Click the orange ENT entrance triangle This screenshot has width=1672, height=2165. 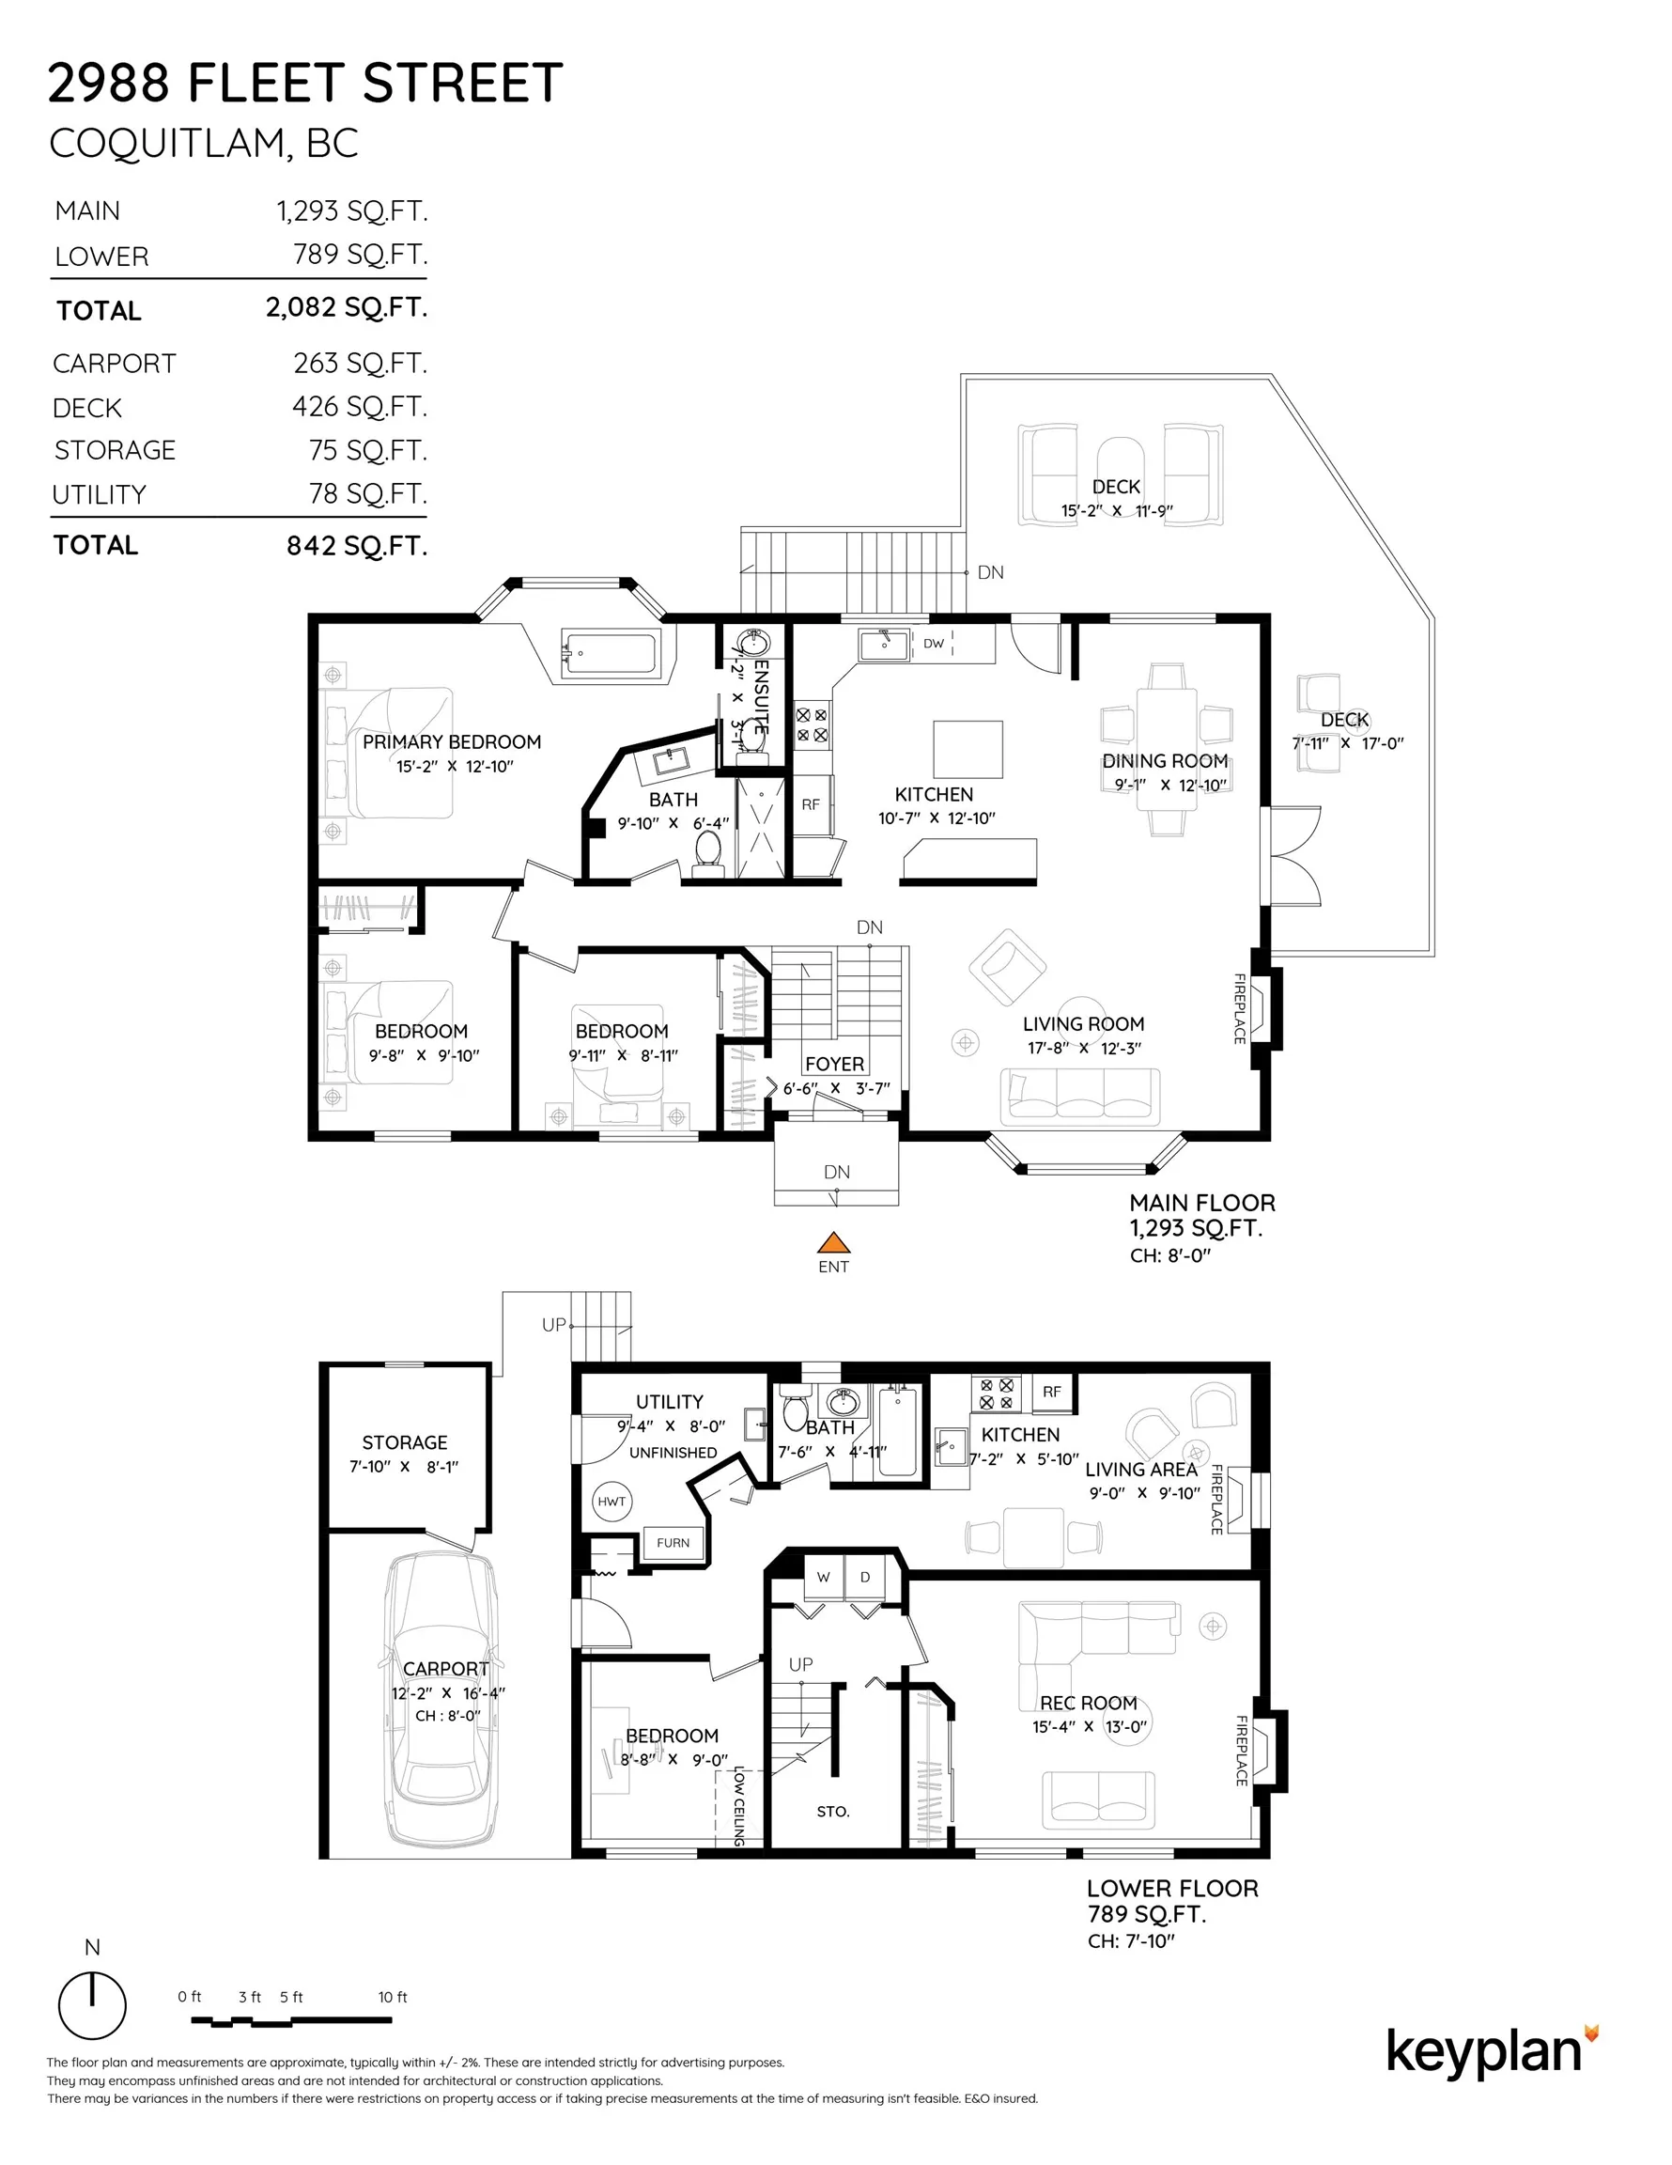coord(833,1243)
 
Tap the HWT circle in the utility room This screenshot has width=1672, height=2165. coord(612,1501)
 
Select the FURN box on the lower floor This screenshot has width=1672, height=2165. coord(673,1542)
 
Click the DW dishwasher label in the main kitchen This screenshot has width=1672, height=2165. coord(934,644)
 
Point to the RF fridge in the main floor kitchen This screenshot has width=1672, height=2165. coord(811,804)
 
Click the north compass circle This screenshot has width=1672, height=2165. coord(92,2005)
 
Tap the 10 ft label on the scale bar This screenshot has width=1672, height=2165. coord(393,1997)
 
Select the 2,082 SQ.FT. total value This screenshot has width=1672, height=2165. coord(346,308)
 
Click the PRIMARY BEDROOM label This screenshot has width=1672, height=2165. coord(451,741)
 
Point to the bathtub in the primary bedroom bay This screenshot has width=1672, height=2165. coord(609,653)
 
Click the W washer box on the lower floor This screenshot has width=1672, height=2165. coord(823,1577)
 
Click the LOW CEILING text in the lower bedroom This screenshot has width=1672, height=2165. coord(738,1806)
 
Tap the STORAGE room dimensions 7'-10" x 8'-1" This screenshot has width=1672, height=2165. coord(403,1466)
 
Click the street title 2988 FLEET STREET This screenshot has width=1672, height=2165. coord(305,83)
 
